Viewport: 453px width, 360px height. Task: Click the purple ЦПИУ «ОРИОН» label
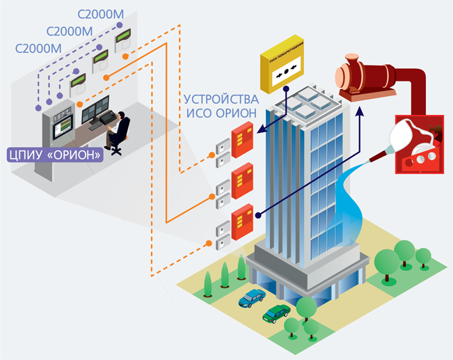pyautogui.click(x=54, y=154)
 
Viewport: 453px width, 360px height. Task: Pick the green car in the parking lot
pyautogui.click(x=276, y=313)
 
